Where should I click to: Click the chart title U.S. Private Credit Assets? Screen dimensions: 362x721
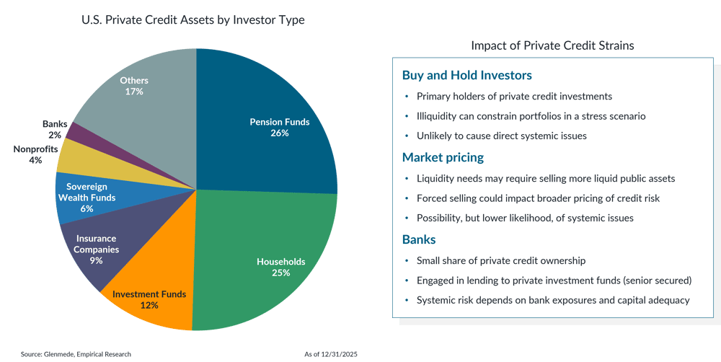coord(193,20)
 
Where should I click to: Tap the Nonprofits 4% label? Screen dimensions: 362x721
coord(27,154)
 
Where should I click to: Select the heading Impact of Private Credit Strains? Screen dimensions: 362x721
coord(552,45)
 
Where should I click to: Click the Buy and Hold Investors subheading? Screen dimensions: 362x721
coord(466,75)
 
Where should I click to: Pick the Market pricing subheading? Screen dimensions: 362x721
coord(443,157)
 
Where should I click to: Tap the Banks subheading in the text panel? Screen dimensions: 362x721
coord(420,239)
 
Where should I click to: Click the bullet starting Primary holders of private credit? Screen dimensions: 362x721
coord(514,96)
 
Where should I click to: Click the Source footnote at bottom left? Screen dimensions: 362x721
coord(76,354)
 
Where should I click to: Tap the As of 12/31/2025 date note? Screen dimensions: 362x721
coord(332,354)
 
